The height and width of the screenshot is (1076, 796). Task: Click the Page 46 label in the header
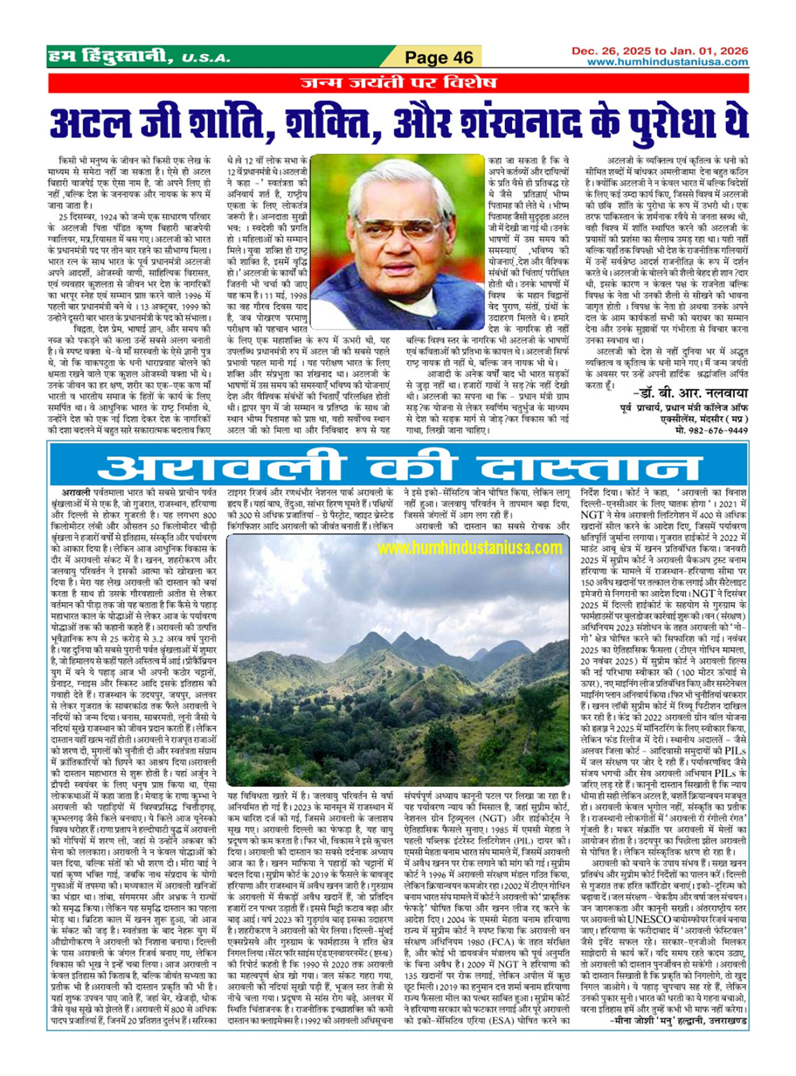coord(440,58)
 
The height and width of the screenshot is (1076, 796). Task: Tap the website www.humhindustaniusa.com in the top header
coord(668,62)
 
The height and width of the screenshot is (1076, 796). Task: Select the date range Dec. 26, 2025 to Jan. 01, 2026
coord(660,51)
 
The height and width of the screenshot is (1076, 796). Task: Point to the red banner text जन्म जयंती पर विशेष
coord(398,83)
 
